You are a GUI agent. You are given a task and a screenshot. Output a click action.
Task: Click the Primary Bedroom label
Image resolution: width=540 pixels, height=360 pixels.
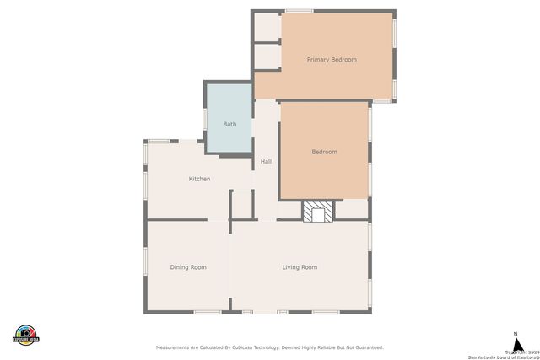(332, 60)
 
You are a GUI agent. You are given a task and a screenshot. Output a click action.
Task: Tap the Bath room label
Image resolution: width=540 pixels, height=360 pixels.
(229, 124)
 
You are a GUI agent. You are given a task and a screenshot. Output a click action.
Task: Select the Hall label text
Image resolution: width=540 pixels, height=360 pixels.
(266, 161)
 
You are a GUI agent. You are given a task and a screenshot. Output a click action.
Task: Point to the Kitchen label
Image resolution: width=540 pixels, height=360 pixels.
(199, 179)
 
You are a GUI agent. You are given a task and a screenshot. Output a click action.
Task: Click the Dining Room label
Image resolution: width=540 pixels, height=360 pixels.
(188, 267)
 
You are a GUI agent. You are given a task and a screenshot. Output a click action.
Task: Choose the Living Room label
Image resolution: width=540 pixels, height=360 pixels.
(300, 267)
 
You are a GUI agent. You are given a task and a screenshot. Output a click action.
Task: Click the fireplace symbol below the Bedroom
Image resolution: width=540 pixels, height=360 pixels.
(319, 212)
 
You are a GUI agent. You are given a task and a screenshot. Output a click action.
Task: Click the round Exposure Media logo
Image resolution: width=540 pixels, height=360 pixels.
(27, 334)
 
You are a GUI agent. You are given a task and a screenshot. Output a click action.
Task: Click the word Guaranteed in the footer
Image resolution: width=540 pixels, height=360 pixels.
(367, 347)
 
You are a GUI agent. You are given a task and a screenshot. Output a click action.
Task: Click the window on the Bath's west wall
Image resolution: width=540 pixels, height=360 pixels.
(204, 120)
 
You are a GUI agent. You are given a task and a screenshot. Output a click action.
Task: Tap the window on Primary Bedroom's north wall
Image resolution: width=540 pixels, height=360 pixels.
(300, 11)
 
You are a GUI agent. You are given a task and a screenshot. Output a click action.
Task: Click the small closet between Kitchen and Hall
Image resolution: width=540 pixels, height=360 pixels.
(242, 204)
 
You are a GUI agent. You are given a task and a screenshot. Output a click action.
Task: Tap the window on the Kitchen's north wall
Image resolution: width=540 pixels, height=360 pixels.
(159, 141)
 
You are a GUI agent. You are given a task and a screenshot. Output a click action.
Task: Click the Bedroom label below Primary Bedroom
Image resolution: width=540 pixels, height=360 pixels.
(324, 152)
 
